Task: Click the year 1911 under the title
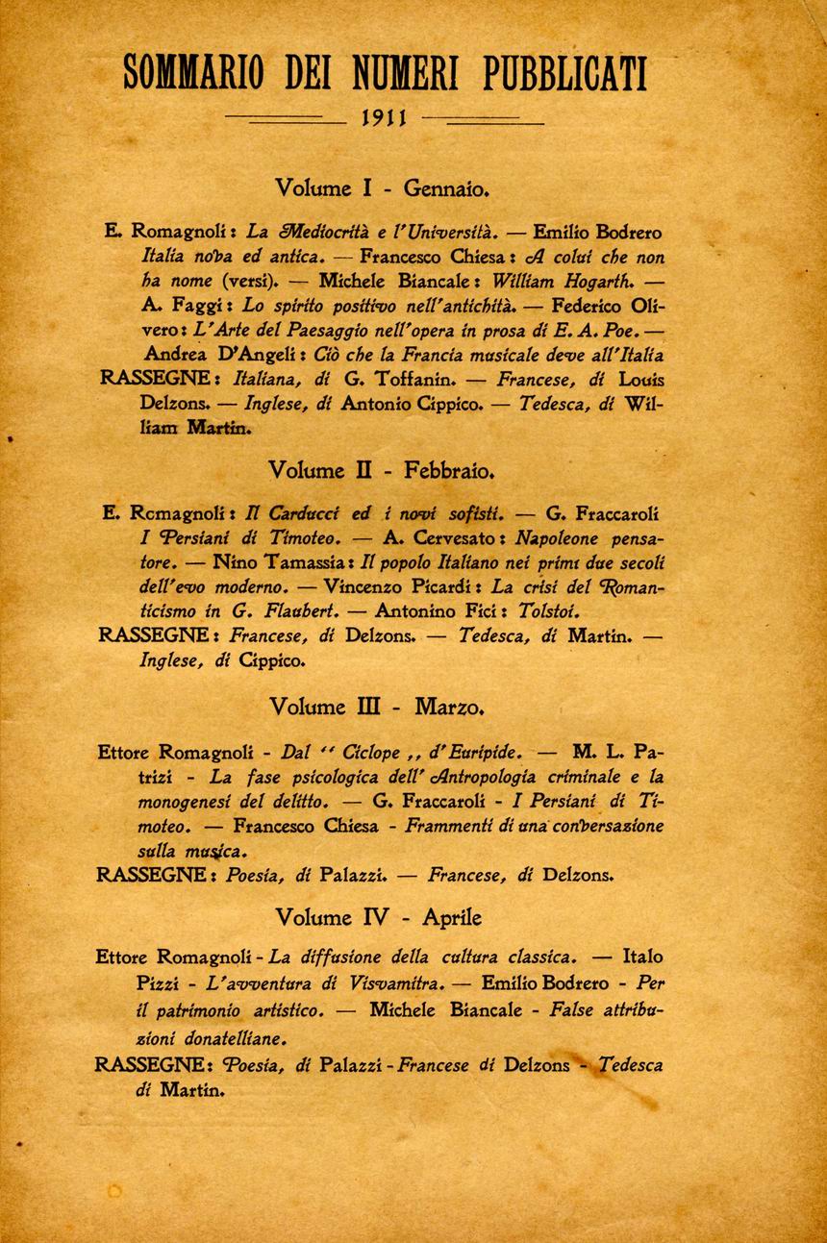click(385, 119)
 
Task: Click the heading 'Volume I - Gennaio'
click(383, 187)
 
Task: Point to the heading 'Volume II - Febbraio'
click(382, 471)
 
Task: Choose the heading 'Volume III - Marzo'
click(376, 708)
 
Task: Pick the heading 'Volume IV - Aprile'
click(378, 917)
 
